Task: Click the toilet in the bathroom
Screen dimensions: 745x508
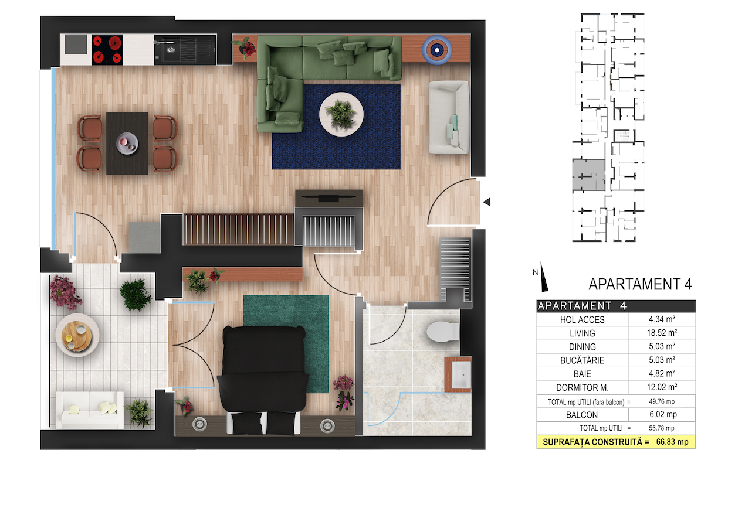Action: point(443,331)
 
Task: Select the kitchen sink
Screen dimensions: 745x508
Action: point(171,50)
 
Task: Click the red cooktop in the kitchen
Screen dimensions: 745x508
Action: point(107,50)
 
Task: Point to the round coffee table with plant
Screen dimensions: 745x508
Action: point(341,114)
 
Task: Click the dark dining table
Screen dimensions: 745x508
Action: point(127,144)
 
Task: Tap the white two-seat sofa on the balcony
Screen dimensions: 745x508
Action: point(90,410)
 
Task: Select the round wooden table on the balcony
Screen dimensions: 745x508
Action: point(77,336)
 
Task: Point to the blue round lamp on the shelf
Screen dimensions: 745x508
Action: point(437,50)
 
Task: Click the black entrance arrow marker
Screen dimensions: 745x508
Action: point(487,202)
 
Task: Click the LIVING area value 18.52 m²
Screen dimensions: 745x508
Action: point(662,333)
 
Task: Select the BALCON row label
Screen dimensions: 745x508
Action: point(582,415)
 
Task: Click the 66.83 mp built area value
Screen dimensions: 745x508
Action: point(672,442)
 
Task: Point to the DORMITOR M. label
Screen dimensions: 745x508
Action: point(583,387)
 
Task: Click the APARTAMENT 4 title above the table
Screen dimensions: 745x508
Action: point(640,284)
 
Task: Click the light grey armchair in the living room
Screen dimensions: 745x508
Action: point(449,117)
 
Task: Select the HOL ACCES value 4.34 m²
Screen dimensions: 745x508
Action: point(662,319)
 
